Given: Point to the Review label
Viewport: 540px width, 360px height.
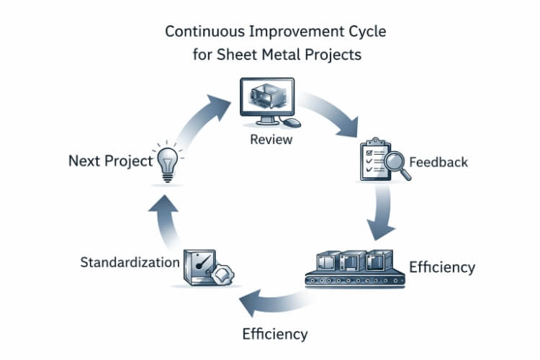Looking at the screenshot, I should [271, 139].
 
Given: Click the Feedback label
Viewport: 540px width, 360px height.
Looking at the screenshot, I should [438, 161].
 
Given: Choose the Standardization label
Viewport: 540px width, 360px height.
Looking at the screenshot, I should [130, 261].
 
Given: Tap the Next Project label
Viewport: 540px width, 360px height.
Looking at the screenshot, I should [110, 161].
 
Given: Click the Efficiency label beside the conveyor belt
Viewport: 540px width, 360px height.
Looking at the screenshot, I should [441, 267].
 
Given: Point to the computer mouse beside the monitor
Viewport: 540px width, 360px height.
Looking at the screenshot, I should [296, 123].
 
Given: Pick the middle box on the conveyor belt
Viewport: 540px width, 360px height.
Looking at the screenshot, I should [351, 261].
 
